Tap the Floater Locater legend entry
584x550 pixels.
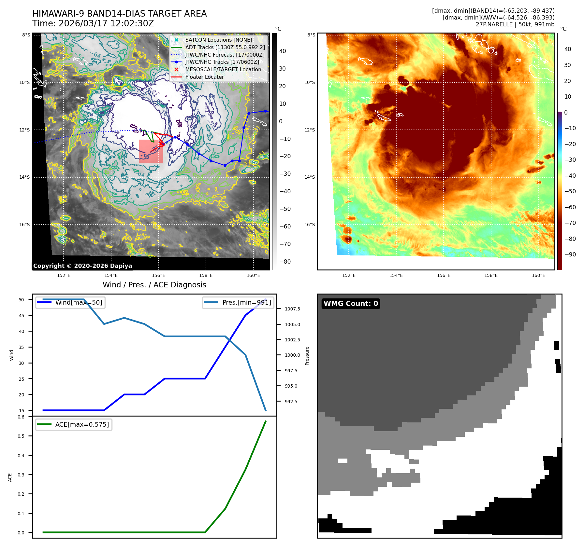pyautogui.click(x=204, y=77)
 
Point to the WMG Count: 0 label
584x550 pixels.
pyautogui.click(x=351, y=304)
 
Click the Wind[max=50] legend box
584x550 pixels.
pyautogui.click(x=70, y=303)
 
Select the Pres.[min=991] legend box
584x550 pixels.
pyautogui.click(x=238, y=303)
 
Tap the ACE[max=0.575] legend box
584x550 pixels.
pyautogui.click(x=74, y=425)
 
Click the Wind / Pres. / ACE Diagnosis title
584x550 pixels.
pyautogui.click(x=154, y=285)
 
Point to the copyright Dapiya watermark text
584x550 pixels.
pyautogui.click(x=82, y=266)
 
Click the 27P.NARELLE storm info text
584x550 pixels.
pyautogui.click(x=515, y=24)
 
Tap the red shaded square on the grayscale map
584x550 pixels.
pyautogui.click(x=151, y=151)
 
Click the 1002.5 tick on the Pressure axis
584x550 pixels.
pyautogui.click(x=292, y=340)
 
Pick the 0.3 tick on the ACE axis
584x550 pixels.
pyautogui.click(x=21, y=475)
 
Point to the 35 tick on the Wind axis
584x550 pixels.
pyautogui.click(x=22, y=347)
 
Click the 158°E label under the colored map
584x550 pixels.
pyautogui.click(x=491, y=276)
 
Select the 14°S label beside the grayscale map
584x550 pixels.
pyautogui.click(x=24, y=177)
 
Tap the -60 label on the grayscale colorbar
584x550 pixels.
pyautogui.click(x=285, y=227)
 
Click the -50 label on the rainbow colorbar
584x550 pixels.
pyautogui.click(x=570, y=191)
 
